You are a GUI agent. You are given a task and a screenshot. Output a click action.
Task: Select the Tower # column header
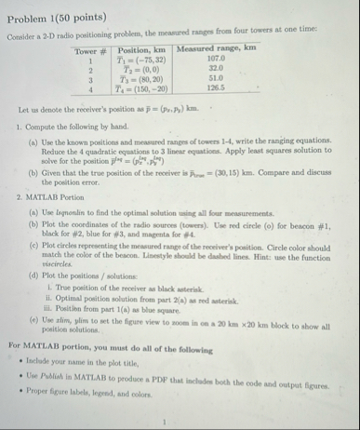click(92, 49)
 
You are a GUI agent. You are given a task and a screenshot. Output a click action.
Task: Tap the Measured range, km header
click(216, 49)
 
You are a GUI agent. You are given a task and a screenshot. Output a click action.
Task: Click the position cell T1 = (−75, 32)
click(142, 59)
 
